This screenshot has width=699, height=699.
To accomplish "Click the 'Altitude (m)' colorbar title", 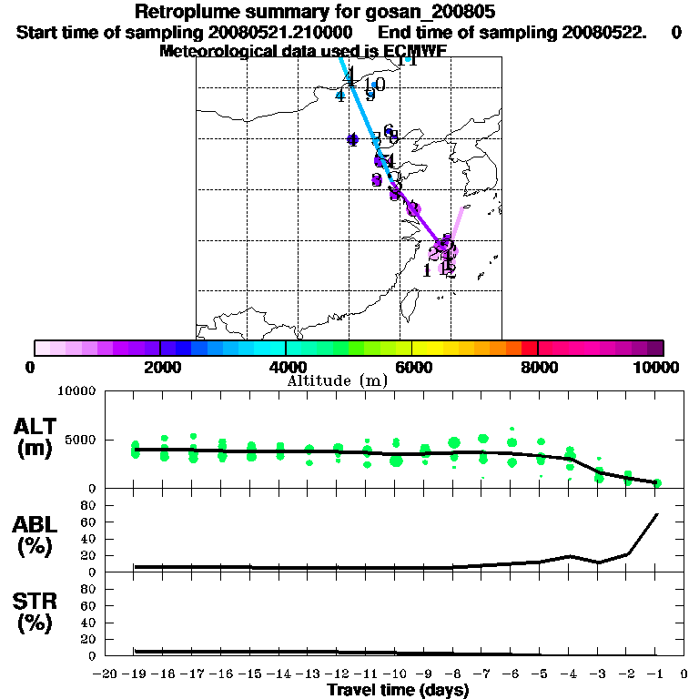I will tap(337, 380).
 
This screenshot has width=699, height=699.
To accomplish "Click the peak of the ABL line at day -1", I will tap(657, 514).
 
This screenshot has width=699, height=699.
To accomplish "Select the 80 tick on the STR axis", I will tap(90, 588).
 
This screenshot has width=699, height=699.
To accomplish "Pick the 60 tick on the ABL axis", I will tap(90, 522).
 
